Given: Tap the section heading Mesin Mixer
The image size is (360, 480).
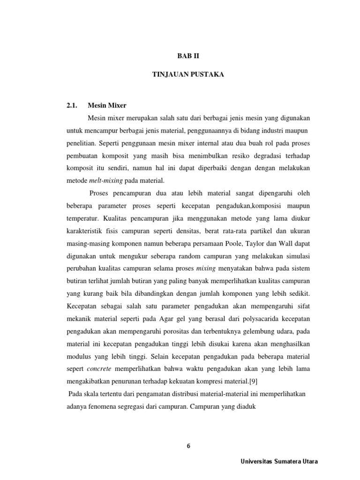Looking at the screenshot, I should pos(107,106).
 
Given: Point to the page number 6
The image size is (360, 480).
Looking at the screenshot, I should pos(188,446).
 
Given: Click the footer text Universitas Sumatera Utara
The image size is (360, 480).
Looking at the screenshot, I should pos(279,461).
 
